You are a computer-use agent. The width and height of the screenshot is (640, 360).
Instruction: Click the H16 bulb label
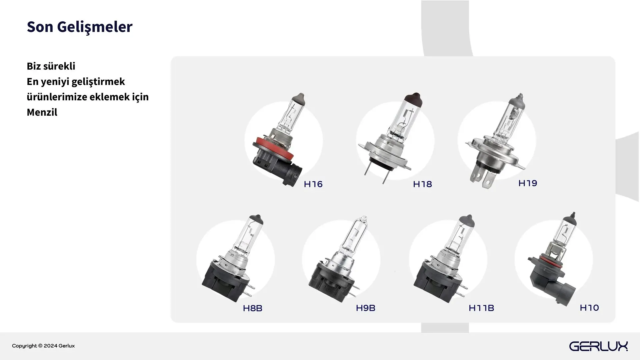tap(313, 184)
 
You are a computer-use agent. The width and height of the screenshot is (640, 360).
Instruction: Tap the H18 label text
tap(422, 184)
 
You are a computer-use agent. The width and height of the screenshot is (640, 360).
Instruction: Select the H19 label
tap(528, 183)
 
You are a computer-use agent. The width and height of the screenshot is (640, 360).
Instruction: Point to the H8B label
tap(253, 308)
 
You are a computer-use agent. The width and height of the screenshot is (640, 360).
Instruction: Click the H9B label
tap(366, 308)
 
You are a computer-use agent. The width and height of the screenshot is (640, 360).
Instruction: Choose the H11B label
tap(481, 308)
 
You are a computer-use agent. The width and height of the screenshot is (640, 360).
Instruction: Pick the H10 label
tap(589, 308)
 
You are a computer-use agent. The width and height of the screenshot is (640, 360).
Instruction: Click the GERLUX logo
tap(598, 346)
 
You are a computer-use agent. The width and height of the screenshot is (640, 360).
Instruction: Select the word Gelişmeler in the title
tap(95, 27)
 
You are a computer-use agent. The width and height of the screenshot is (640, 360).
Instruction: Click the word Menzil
tap(42, 112)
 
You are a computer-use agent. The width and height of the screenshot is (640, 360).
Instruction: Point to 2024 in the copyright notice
tap(50, 346)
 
